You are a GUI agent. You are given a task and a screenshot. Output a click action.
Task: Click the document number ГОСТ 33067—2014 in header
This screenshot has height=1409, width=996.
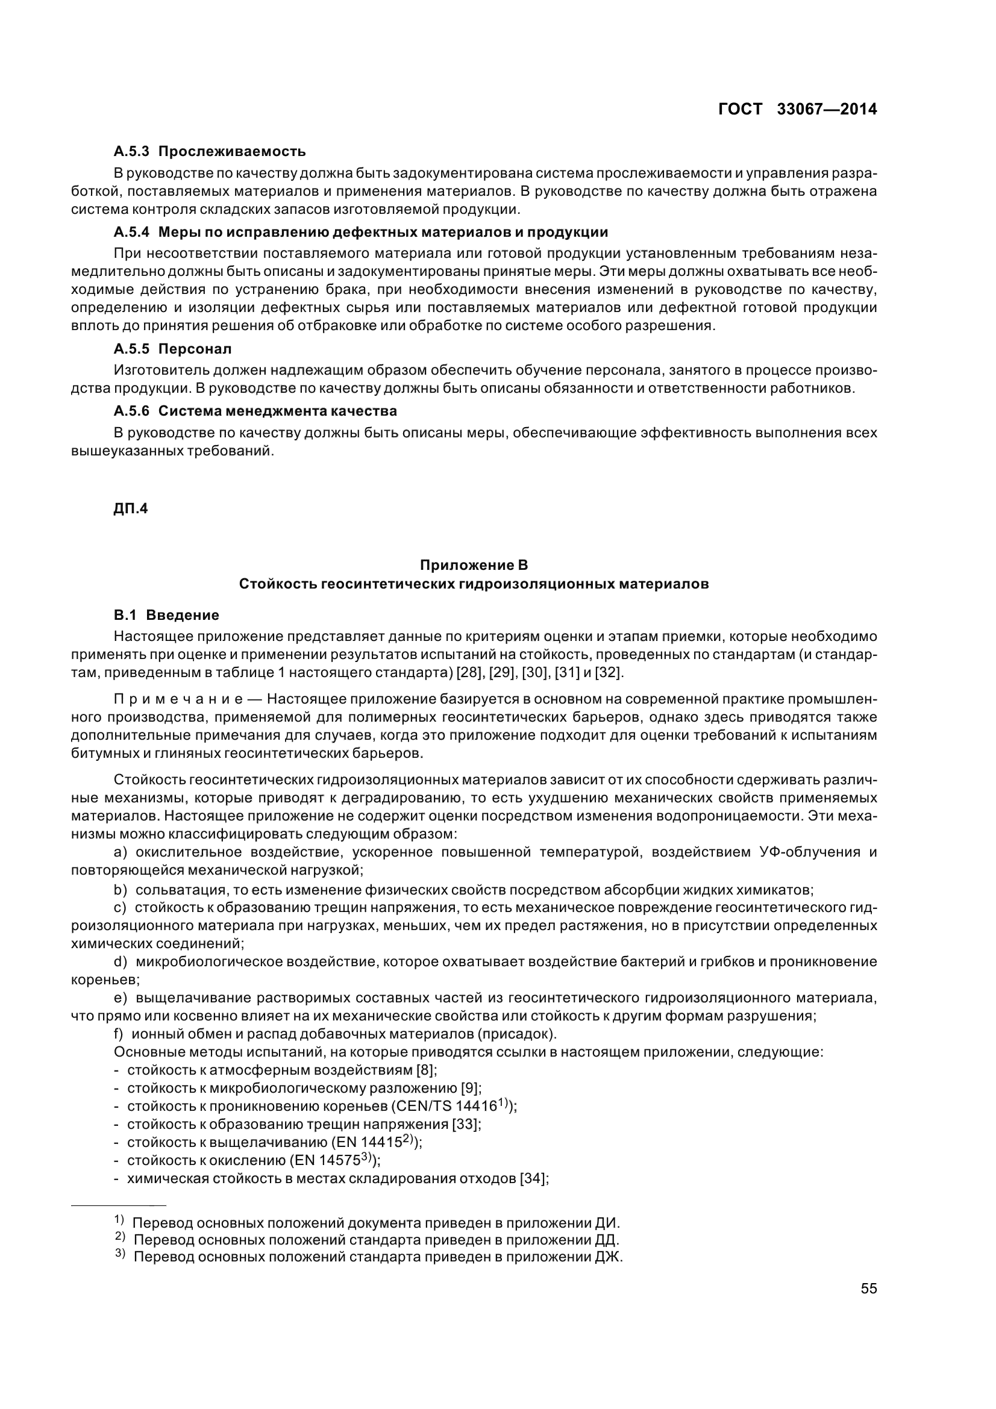pos(797,109)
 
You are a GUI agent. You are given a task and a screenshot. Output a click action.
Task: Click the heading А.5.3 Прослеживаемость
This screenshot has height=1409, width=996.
pos(209,151)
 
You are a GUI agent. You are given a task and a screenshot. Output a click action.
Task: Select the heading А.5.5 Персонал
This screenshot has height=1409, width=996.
pos(172,349)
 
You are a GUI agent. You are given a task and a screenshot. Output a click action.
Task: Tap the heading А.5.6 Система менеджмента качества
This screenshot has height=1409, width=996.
pos(255,411)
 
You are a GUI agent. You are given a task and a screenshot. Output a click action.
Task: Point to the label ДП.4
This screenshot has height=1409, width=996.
pos(131,509)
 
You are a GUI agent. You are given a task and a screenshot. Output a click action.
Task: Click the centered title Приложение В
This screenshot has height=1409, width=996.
pos(474,564)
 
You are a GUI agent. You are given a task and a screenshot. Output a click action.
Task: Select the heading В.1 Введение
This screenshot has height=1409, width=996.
pos(166,615)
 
